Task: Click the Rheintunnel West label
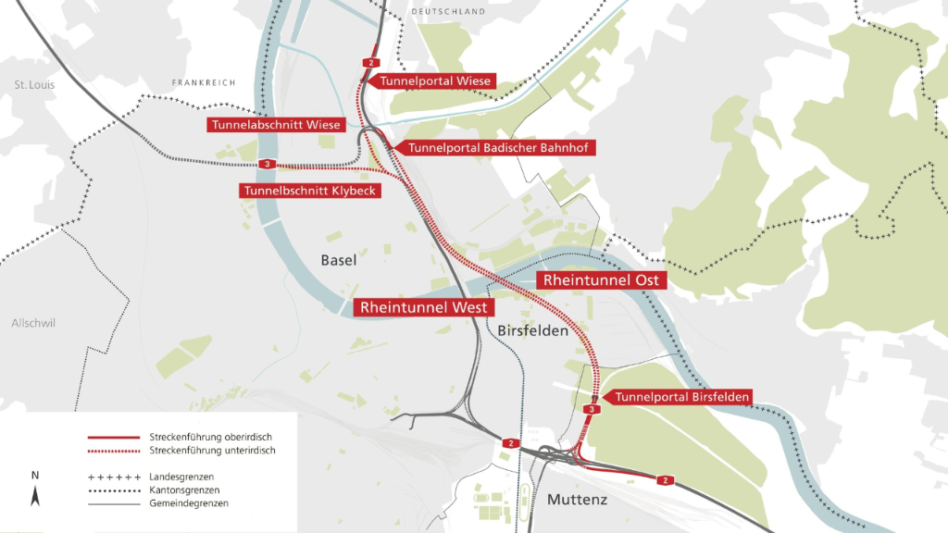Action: (423, 306)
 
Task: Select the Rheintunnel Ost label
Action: (600, 279)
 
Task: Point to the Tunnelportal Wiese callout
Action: (435, 81)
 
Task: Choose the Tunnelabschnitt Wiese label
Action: (277, 125)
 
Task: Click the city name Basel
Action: (339, 261)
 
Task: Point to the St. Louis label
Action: (34, 85)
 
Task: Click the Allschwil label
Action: (34, 323)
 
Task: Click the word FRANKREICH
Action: (205, 82)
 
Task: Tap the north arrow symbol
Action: (35, 493)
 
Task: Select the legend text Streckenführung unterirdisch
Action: (212, 451)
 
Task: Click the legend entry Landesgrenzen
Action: (181, 476)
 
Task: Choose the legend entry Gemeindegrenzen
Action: (189, 503)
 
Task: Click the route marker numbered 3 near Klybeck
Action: (267, 165)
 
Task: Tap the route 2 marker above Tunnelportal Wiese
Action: (371, 62)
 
